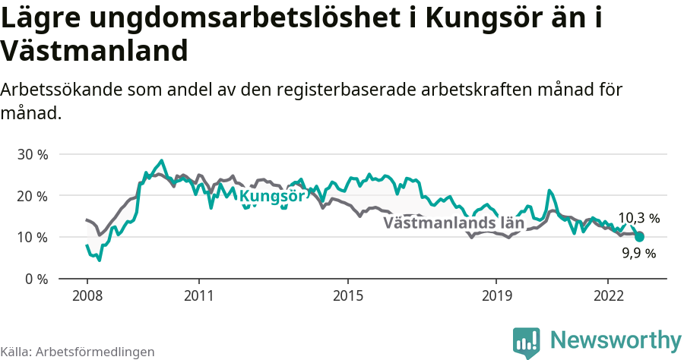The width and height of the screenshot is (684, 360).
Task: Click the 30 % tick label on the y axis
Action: click(32, 154)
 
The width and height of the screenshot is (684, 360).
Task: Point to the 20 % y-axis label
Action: click(32, 196)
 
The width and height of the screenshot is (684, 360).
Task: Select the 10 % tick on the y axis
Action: click(32, 237)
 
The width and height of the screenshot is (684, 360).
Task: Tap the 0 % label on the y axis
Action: click(36, 279)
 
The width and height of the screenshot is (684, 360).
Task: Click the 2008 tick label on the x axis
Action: click(87, 295)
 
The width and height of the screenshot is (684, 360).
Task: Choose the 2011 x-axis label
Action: click(198, 295)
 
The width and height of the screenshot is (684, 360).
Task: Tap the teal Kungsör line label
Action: click(272, 197)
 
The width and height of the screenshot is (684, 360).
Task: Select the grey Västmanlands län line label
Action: click(454, 223)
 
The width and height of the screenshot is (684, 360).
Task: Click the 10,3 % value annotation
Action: click(638, 219)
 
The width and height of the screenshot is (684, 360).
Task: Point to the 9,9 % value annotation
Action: click(638, 254)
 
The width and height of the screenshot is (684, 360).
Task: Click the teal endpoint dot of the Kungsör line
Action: click(639, 237)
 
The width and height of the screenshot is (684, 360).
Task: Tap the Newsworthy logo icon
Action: click(526, 342)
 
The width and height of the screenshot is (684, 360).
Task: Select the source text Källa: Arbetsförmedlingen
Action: click(78, 352)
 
